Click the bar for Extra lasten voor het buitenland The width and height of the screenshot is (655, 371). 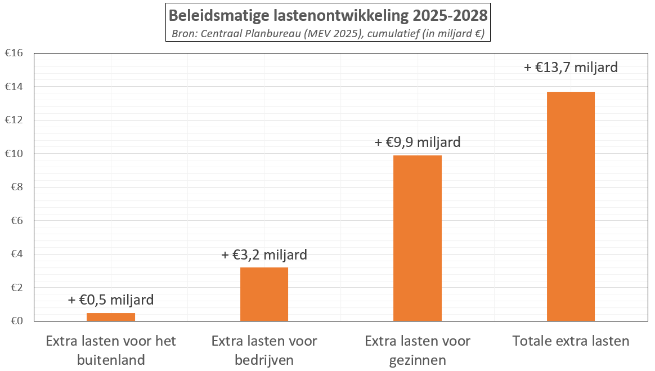[111, 317]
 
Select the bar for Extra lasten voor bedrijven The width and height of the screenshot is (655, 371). [264, 294]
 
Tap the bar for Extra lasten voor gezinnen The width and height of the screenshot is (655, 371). [418, 238]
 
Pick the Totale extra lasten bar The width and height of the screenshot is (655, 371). [571, 206]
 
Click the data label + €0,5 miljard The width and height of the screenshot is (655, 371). [111, 300]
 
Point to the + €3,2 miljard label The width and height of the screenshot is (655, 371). [264, 255]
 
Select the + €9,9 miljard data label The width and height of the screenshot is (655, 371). [418, 142]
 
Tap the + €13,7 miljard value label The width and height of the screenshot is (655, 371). [571, 68]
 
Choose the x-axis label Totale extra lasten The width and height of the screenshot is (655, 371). [571, 341]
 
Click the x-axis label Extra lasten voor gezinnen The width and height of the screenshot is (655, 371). [418, 350]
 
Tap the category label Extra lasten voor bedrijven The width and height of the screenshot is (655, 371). [264, 350]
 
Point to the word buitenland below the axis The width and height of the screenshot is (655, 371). [111, 359]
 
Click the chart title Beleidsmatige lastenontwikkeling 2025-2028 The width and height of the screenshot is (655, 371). [328, 15]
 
